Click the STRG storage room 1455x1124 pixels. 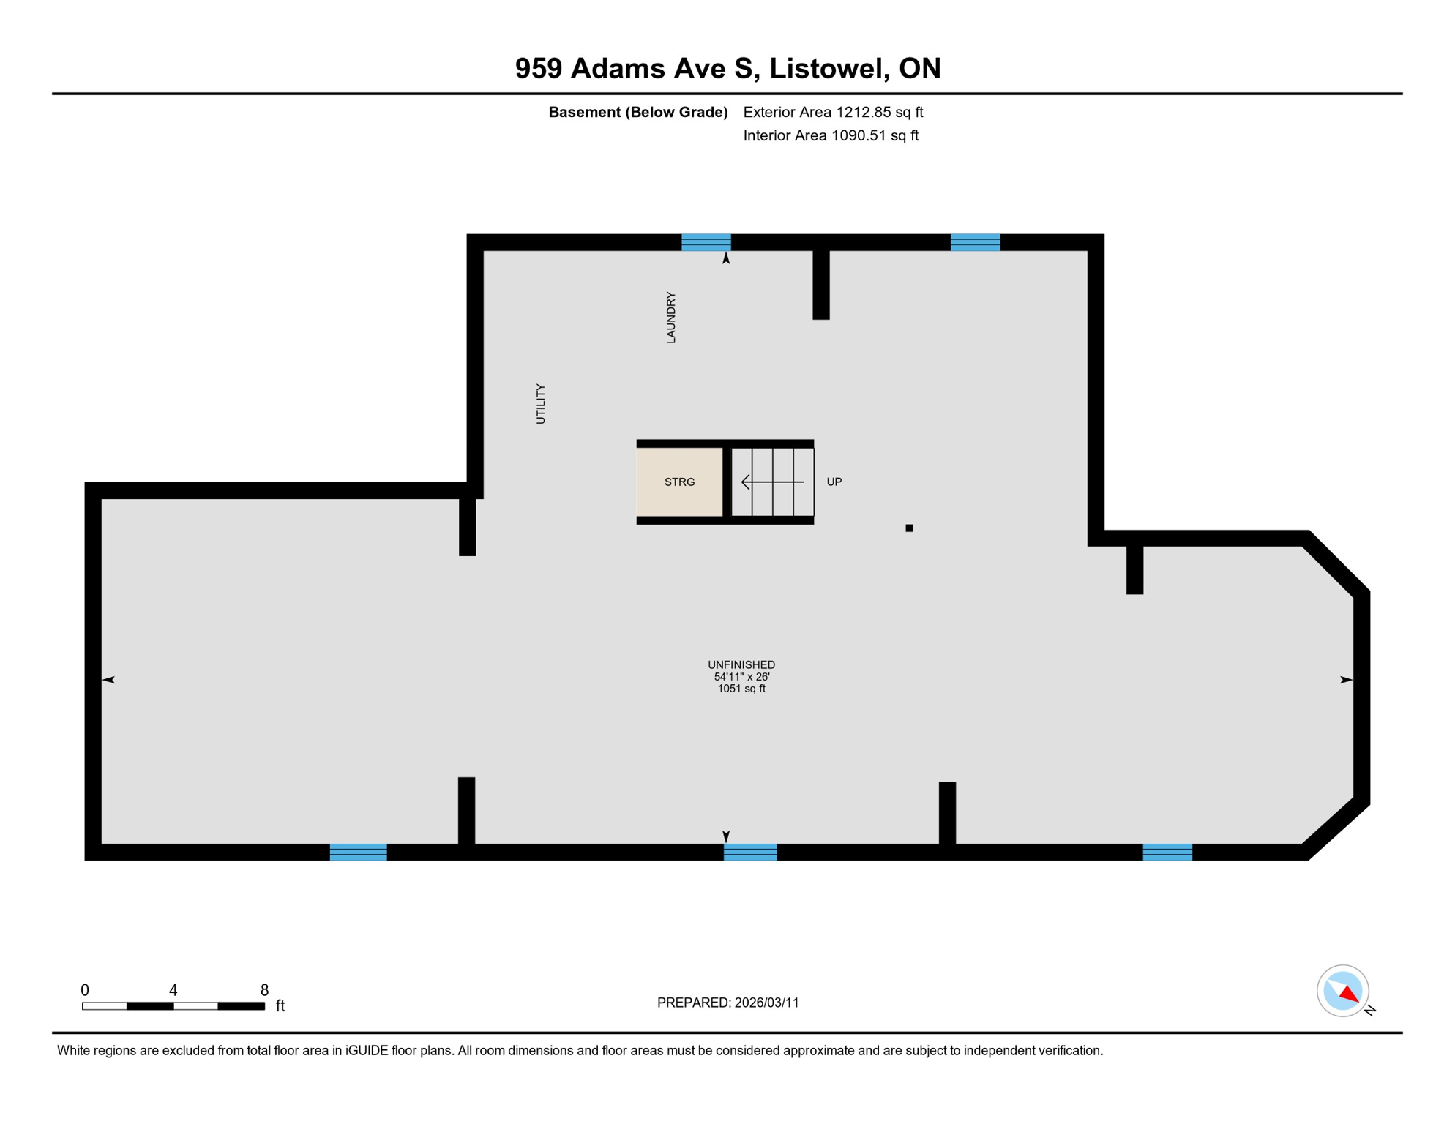(679, 482)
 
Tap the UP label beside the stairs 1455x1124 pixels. (834, 482)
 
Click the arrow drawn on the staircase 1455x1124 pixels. (772, 482)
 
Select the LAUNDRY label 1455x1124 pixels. (670, 317)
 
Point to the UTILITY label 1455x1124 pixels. (540, 403)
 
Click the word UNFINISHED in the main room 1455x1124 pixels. (741, 664)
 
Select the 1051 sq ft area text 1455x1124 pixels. (741, 689)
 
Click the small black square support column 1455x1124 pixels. (909, 528)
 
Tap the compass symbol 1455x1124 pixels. (1342, 991)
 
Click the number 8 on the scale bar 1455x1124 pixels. (264, 990)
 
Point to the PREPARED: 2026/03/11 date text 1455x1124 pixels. (727, 1003)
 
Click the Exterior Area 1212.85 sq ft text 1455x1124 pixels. (833, 112)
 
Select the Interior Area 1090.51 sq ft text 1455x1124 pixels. (830, 135)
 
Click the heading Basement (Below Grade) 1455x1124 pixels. (637, 112)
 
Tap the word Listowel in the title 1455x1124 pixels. (829, 68)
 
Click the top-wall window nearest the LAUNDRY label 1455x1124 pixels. (706, 242)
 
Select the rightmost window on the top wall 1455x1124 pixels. (975, 242)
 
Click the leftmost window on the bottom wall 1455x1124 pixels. (358, 852)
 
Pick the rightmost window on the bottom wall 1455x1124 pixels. (1167, 852)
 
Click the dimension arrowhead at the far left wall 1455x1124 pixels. (108, 680)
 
